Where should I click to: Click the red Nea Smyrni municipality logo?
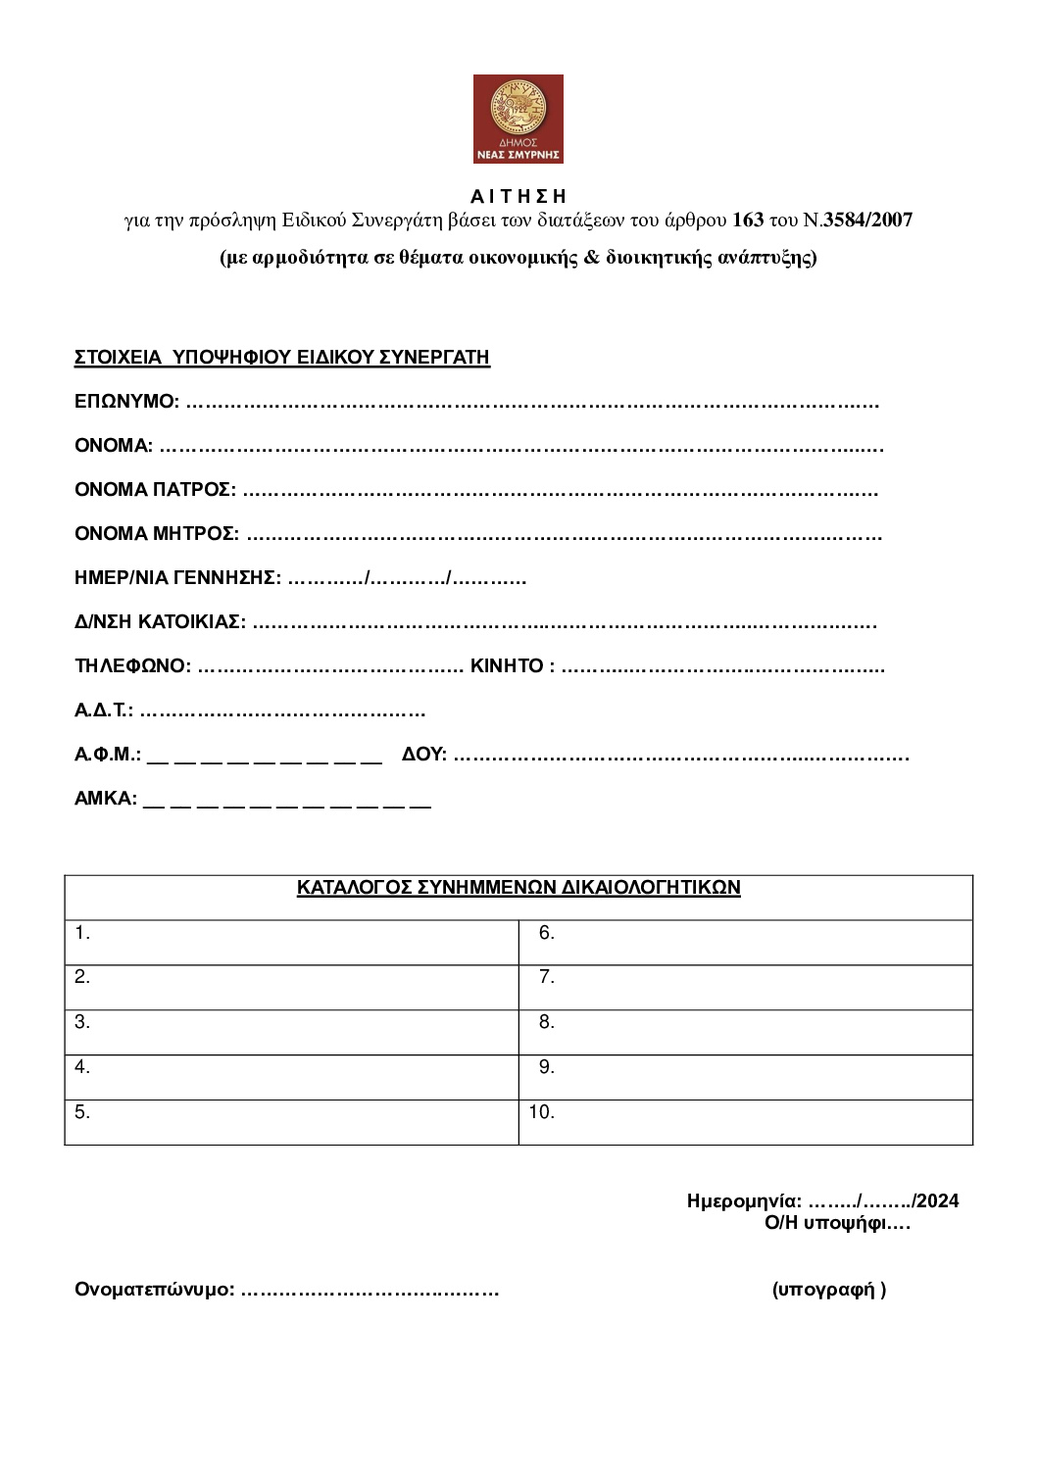(518, 119)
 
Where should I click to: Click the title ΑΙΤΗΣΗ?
(518, 196)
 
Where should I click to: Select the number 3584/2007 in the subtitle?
(867, 220)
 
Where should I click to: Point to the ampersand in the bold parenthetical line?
(591, 258)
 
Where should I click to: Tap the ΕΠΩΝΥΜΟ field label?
(126, 402)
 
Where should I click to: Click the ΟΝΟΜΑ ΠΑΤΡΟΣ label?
(155, 490)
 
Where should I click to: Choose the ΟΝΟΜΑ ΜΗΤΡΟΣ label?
(156, 534)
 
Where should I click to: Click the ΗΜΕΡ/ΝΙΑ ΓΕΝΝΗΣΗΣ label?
(177, 578)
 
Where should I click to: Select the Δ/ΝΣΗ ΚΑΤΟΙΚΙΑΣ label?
(160, 622)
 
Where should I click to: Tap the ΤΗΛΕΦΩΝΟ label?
(132, 666)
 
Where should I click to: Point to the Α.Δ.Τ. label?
(103, 710)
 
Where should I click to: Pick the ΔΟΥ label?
(423, 755)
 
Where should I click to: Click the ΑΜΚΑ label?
(105, 799)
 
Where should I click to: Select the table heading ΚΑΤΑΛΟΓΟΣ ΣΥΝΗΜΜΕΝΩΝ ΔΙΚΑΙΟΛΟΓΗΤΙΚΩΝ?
(518, 888)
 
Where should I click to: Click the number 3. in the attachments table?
(82, 1022)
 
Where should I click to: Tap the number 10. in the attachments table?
(542, 1112)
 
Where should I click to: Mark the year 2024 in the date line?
(937, 1201)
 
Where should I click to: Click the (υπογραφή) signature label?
(829, 1290)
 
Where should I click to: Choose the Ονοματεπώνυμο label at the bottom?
(154, 1290)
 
